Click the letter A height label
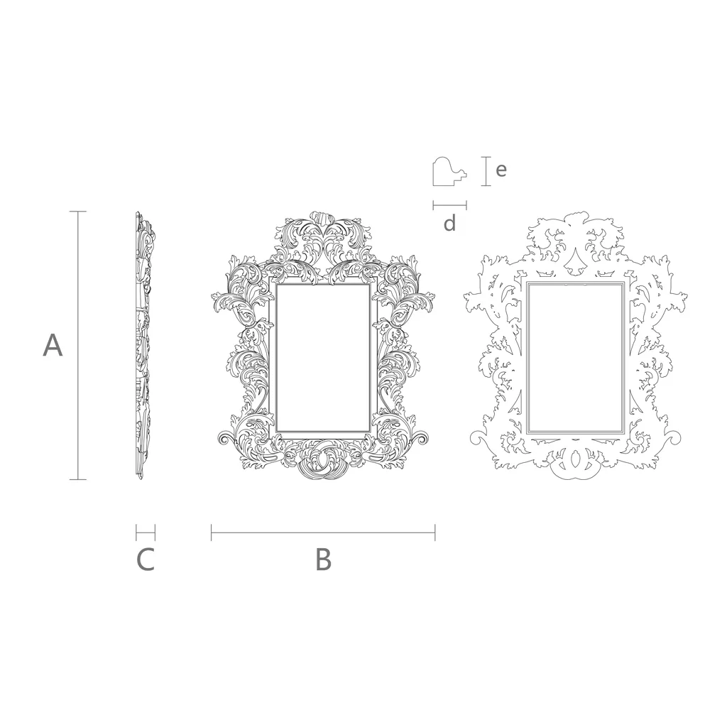[53, 346]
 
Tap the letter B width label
[323, 559]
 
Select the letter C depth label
[145, 559]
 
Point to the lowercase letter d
[449, 224]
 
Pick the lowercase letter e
[501, 170]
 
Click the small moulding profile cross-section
[449, 172]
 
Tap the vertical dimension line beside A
[77, 346]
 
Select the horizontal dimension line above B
[323, 532]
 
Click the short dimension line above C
[146, 532]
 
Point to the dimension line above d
[449, 205]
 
